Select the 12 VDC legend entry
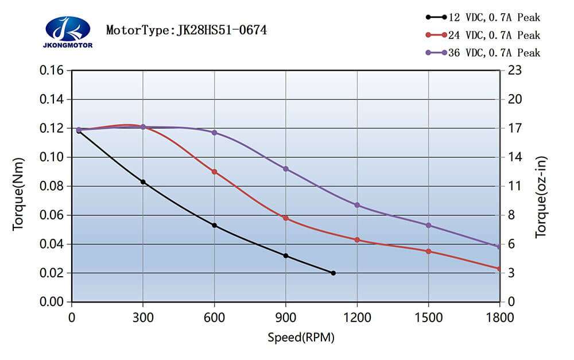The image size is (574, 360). point(483,17)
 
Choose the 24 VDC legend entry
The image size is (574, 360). point(483,35)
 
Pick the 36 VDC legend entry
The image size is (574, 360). point(483,53)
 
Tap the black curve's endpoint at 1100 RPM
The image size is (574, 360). point(333,273)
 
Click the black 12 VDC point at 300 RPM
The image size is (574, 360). point(143,182)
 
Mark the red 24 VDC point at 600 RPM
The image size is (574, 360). point(215,172)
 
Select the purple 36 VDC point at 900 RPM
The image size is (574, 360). point(286,169)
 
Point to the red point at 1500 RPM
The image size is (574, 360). point(428,251)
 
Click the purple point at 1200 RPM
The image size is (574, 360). point(357,205)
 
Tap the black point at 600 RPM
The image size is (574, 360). point(215,225)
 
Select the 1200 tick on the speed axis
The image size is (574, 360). point(357,318)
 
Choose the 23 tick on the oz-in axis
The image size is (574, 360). point(513,71)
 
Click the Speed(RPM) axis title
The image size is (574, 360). point(301,337)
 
